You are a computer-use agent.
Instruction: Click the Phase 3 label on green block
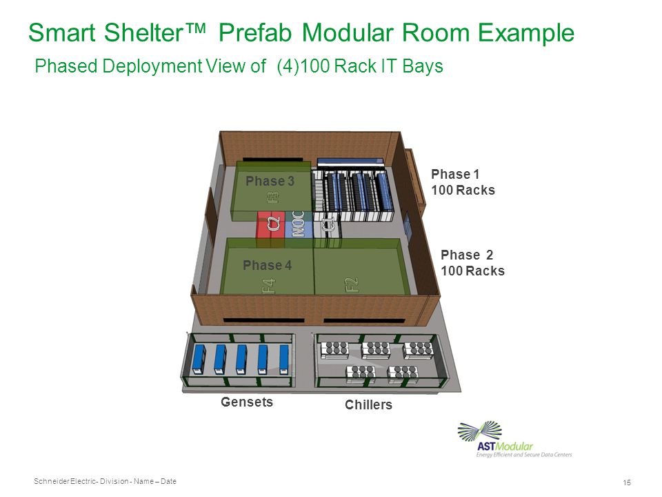point(270,181)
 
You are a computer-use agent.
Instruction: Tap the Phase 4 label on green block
point(267,266)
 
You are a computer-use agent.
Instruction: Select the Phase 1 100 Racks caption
point(463,182)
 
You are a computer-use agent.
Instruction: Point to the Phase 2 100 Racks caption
point(472,263)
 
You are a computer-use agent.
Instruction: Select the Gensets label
point(247,402)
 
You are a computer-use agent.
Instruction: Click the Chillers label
point(368,405)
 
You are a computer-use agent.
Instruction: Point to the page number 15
point(627,483)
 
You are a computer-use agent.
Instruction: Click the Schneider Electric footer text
point(104,480)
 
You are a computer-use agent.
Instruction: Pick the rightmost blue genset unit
point(283,359)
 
